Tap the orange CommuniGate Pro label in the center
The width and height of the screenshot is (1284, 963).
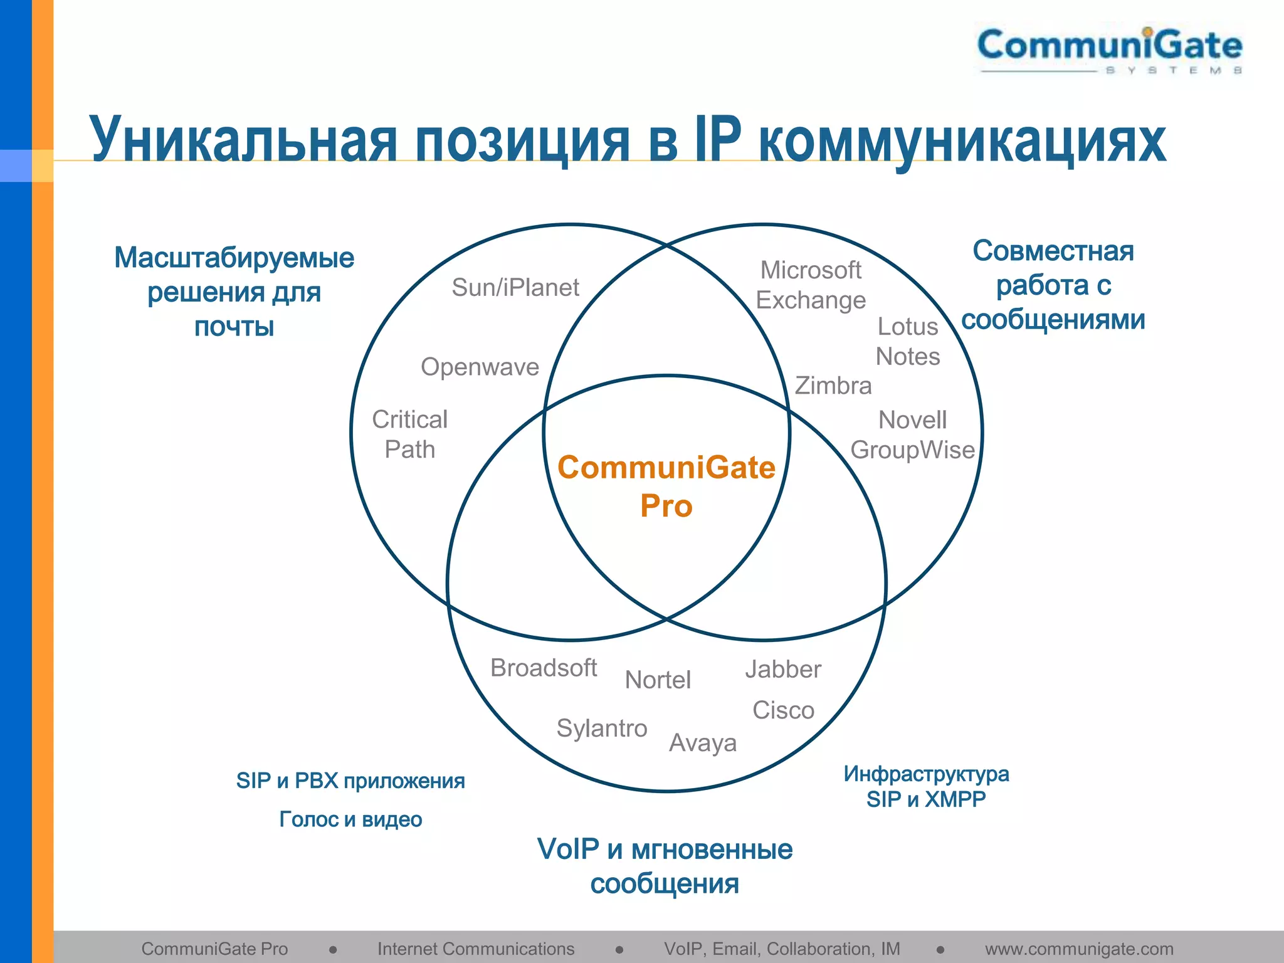click(x=666, y=487)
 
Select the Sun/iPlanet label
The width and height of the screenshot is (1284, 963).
click(x=515, y=288)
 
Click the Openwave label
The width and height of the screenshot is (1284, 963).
click(x=480, y=367)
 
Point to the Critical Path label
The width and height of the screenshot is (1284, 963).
click(x=410, y=434)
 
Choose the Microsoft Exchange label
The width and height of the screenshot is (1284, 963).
click(x=811, y=285)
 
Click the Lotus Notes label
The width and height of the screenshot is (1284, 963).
click(x=908, y=342)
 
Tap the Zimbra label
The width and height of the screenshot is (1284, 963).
click(x=833, y=386)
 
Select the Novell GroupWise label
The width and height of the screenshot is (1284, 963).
click(x=913, y=435)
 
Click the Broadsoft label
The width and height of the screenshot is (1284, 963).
click(x=544, y=668)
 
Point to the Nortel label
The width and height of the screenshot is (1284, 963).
click(x=658, y=680)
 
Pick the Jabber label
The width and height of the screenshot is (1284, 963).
click(x=783, y=670)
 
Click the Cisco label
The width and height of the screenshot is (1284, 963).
click(x=783, y=710)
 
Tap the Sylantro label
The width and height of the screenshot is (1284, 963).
click(x=602, y=729)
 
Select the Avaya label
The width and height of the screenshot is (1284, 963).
click(x=703, y=744)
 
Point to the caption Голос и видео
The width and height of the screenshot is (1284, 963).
click(x=350, y=819)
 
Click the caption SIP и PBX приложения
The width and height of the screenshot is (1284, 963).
click(x=350, y=781)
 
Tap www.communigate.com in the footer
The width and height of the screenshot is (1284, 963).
click(x=1079, y=949)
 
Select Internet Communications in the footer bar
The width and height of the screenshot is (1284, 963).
click(x=476, y=949)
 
